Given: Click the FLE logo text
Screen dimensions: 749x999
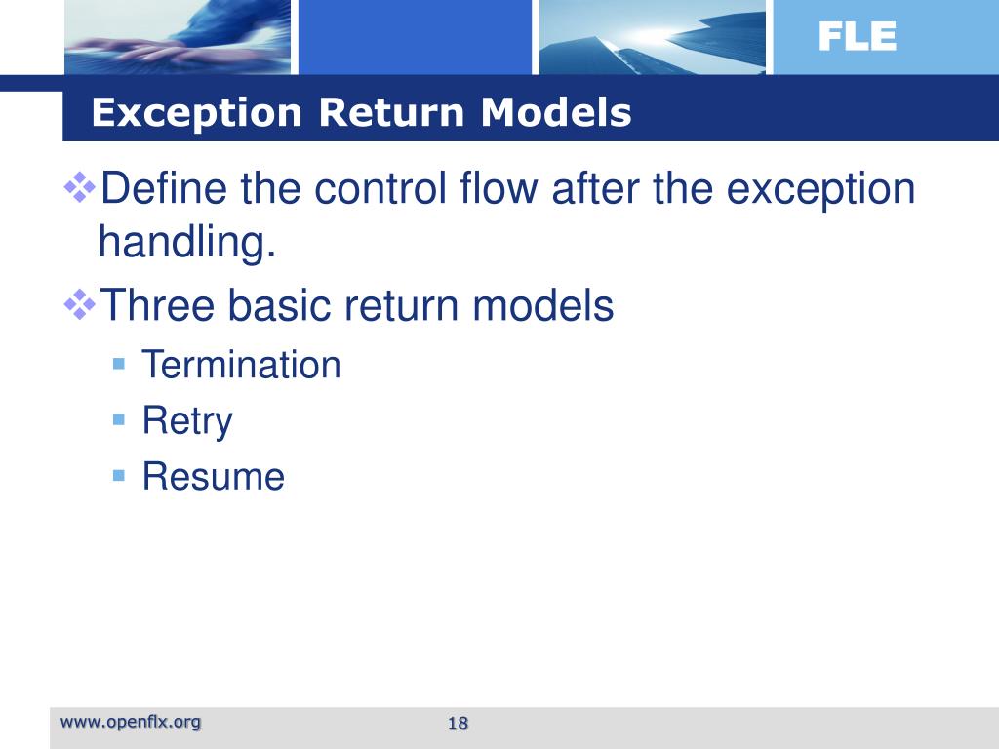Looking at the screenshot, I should tap(857, 37).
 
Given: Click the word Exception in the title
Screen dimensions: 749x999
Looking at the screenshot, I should tap(197, 114).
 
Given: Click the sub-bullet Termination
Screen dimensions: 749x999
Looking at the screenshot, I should tap(241, 366).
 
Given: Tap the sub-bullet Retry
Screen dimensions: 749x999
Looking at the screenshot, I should tap(187, 421).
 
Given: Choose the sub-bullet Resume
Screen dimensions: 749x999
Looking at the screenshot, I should tap(213, 477).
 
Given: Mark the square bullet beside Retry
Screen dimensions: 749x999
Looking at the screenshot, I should tap(119, 419).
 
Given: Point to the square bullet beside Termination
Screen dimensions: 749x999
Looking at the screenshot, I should tap(119, 364).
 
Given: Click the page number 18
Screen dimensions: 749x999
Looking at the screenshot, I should tap(458, 723).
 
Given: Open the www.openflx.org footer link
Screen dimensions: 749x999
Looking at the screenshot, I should tap(131, 722).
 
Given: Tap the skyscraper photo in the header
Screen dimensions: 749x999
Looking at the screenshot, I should tap(652, 37).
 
